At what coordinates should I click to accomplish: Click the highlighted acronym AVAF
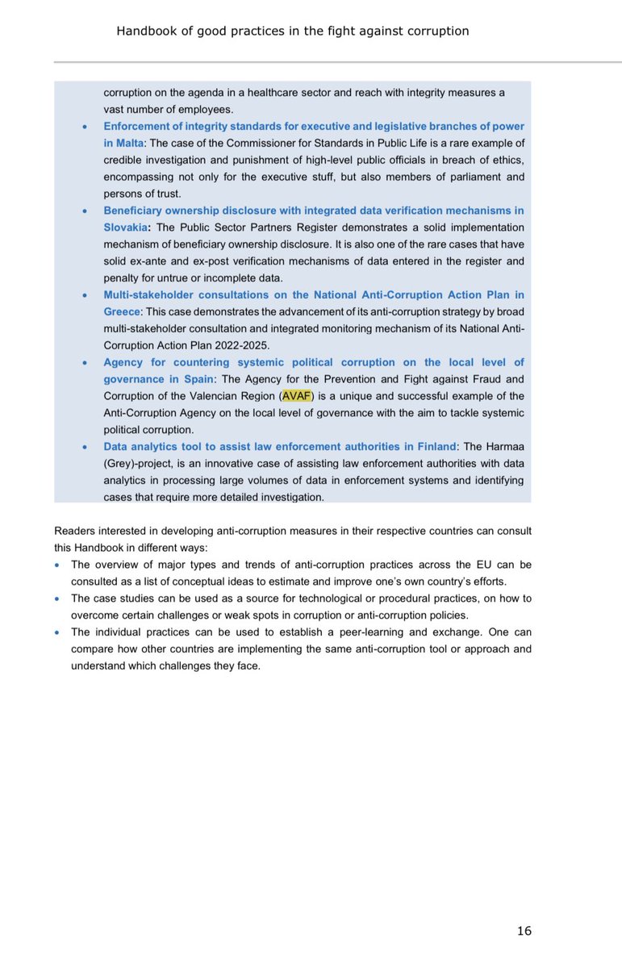point(295,396)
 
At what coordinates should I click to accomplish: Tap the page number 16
point(524,931)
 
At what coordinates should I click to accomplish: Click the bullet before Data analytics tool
point(86,447)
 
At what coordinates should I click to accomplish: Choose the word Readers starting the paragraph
point(75,531)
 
